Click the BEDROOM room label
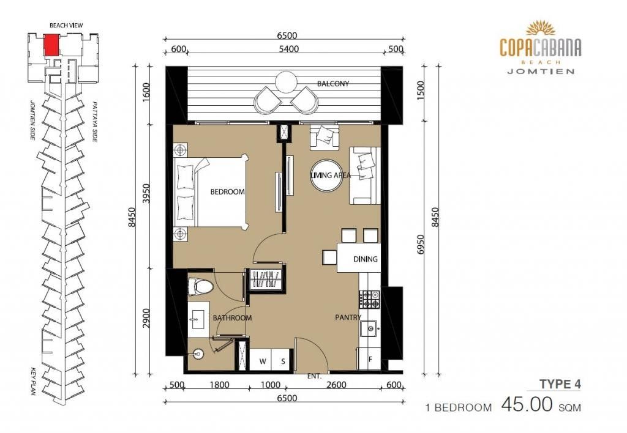(x=228, y=192)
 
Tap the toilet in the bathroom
(x=200, y=286)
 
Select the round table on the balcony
(x=286, y=82)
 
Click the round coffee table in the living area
(x=326, y=175)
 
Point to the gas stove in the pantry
(x=369, y=299)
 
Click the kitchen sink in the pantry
(x=370, y=329)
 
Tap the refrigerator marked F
(x=370, y=359)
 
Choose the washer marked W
(x=262, y=361)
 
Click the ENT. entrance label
(x=314, y=376)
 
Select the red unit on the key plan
(x=51, y=45)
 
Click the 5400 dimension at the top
(x=288, y=49)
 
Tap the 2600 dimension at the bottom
(x=336, y=385)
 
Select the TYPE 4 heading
(x=560, y=384)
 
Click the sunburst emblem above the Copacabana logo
(x=540, y=28)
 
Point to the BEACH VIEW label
(x=66, y=25)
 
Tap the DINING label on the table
(x=365, y=259)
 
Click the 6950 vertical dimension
(x=419, y=245)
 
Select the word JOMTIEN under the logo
(x=541, y=72)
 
